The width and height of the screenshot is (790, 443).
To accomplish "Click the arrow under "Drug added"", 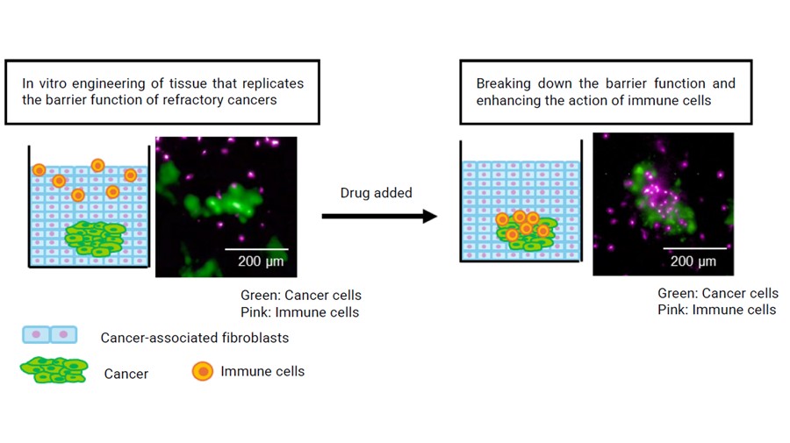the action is tap(379, 217).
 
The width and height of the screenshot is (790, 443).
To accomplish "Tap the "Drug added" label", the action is tap(377, 193).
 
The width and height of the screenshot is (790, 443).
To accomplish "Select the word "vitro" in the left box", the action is tap(52, 83).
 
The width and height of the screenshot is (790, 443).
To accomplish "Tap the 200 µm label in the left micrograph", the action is tap(261, 261).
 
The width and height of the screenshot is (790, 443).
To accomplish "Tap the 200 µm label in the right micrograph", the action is tap(693, 261).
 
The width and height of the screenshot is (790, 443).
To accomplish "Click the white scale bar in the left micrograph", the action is tap(256, 248).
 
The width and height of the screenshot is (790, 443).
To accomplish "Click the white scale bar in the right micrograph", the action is tap(695, 247).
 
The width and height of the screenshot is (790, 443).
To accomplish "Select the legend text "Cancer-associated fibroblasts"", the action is tap(195, 338).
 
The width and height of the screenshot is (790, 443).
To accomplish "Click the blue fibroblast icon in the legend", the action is tap(50, 334).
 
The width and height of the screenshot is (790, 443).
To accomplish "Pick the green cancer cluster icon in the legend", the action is tap(54, 370).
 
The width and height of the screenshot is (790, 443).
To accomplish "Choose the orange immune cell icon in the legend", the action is tap(203, 371).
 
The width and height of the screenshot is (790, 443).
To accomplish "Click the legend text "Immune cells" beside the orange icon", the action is tap(262, 371).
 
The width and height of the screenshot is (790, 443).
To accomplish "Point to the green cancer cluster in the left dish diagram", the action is tap(95, 239).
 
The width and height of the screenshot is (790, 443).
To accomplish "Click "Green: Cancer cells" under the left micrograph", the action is tap(301, 295).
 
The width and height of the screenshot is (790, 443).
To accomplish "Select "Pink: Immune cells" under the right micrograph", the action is tap(716, 310).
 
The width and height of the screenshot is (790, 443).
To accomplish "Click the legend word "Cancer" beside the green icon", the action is tap(126, 374).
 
